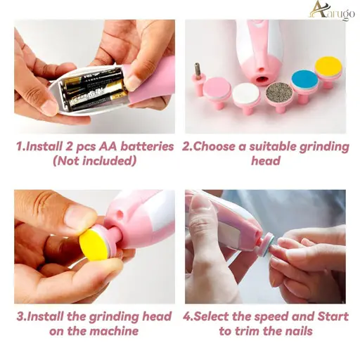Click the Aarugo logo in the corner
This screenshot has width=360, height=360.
click(332, 11)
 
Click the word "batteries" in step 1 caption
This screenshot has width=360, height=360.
click(147, 146)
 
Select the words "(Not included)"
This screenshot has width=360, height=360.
click(94, 161)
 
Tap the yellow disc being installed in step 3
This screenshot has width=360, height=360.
click(94, 245)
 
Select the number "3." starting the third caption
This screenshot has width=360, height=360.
click(22, 316)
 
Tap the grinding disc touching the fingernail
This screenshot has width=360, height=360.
click(269, 244)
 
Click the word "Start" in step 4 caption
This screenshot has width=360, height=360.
click(333, 316)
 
